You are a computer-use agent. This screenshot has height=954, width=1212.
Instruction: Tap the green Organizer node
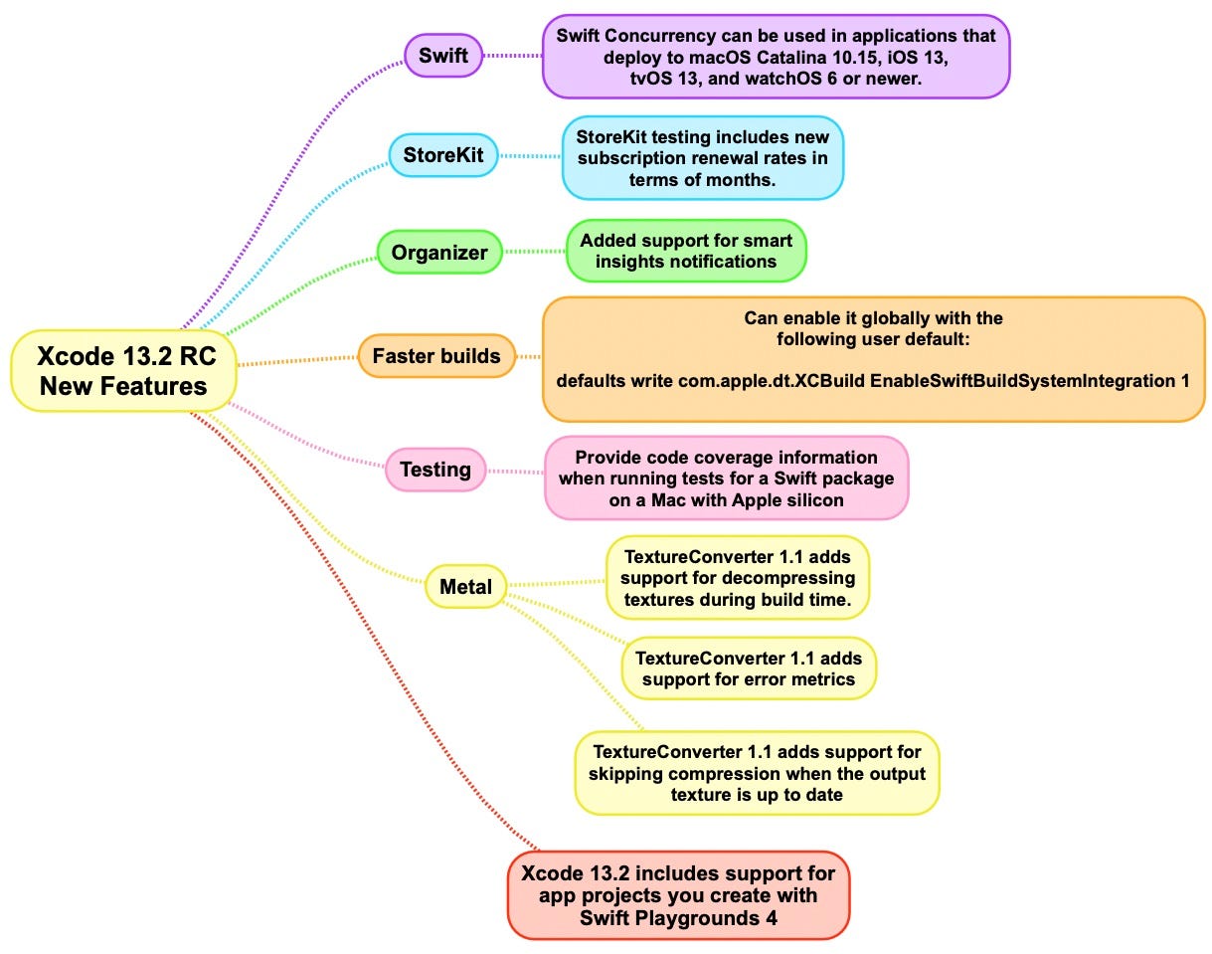[439, 253]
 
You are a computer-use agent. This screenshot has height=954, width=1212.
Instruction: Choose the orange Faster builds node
[436, 356]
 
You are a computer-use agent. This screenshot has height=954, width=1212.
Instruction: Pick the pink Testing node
[435, 470]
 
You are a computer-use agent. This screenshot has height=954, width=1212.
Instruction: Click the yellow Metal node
[465, 586]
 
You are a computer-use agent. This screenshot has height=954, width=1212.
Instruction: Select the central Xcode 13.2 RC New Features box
[123, 371]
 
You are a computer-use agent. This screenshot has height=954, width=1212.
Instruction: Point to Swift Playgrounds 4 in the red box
[678, 918]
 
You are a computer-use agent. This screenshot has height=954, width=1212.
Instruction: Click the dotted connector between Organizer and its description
[534, 253]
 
